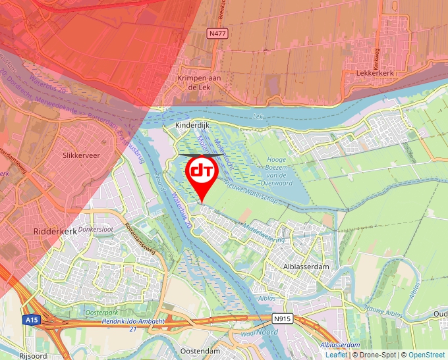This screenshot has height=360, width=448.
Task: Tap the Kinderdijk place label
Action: pyautogui.click(x=192, y=124)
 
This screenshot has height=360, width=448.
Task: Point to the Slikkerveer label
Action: pyautogui.click(x=80, y=156)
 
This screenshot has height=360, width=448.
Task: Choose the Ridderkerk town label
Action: pyautogui.click(x=55, y=232)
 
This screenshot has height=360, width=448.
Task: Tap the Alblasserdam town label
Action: pyautogui.click(x=306, y=267)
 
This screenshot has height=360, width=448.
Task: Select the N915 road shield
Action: pyautogui.click(x=281, y=319)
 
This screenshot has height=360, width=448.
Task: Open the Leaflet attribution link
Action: pyautogui.click(x=336, y=355)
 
